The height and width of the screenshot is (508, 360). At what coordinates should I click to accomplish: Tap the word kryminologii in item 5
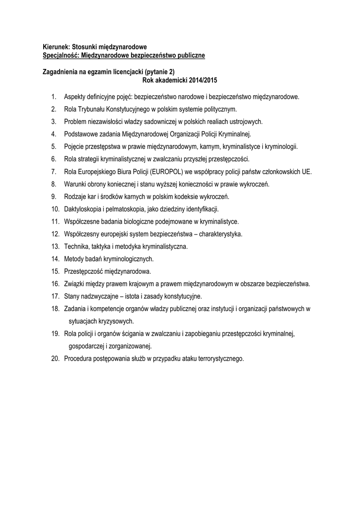282,146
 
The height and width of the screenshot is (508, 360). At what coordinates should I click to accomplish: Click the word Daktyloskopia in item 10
83,209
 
